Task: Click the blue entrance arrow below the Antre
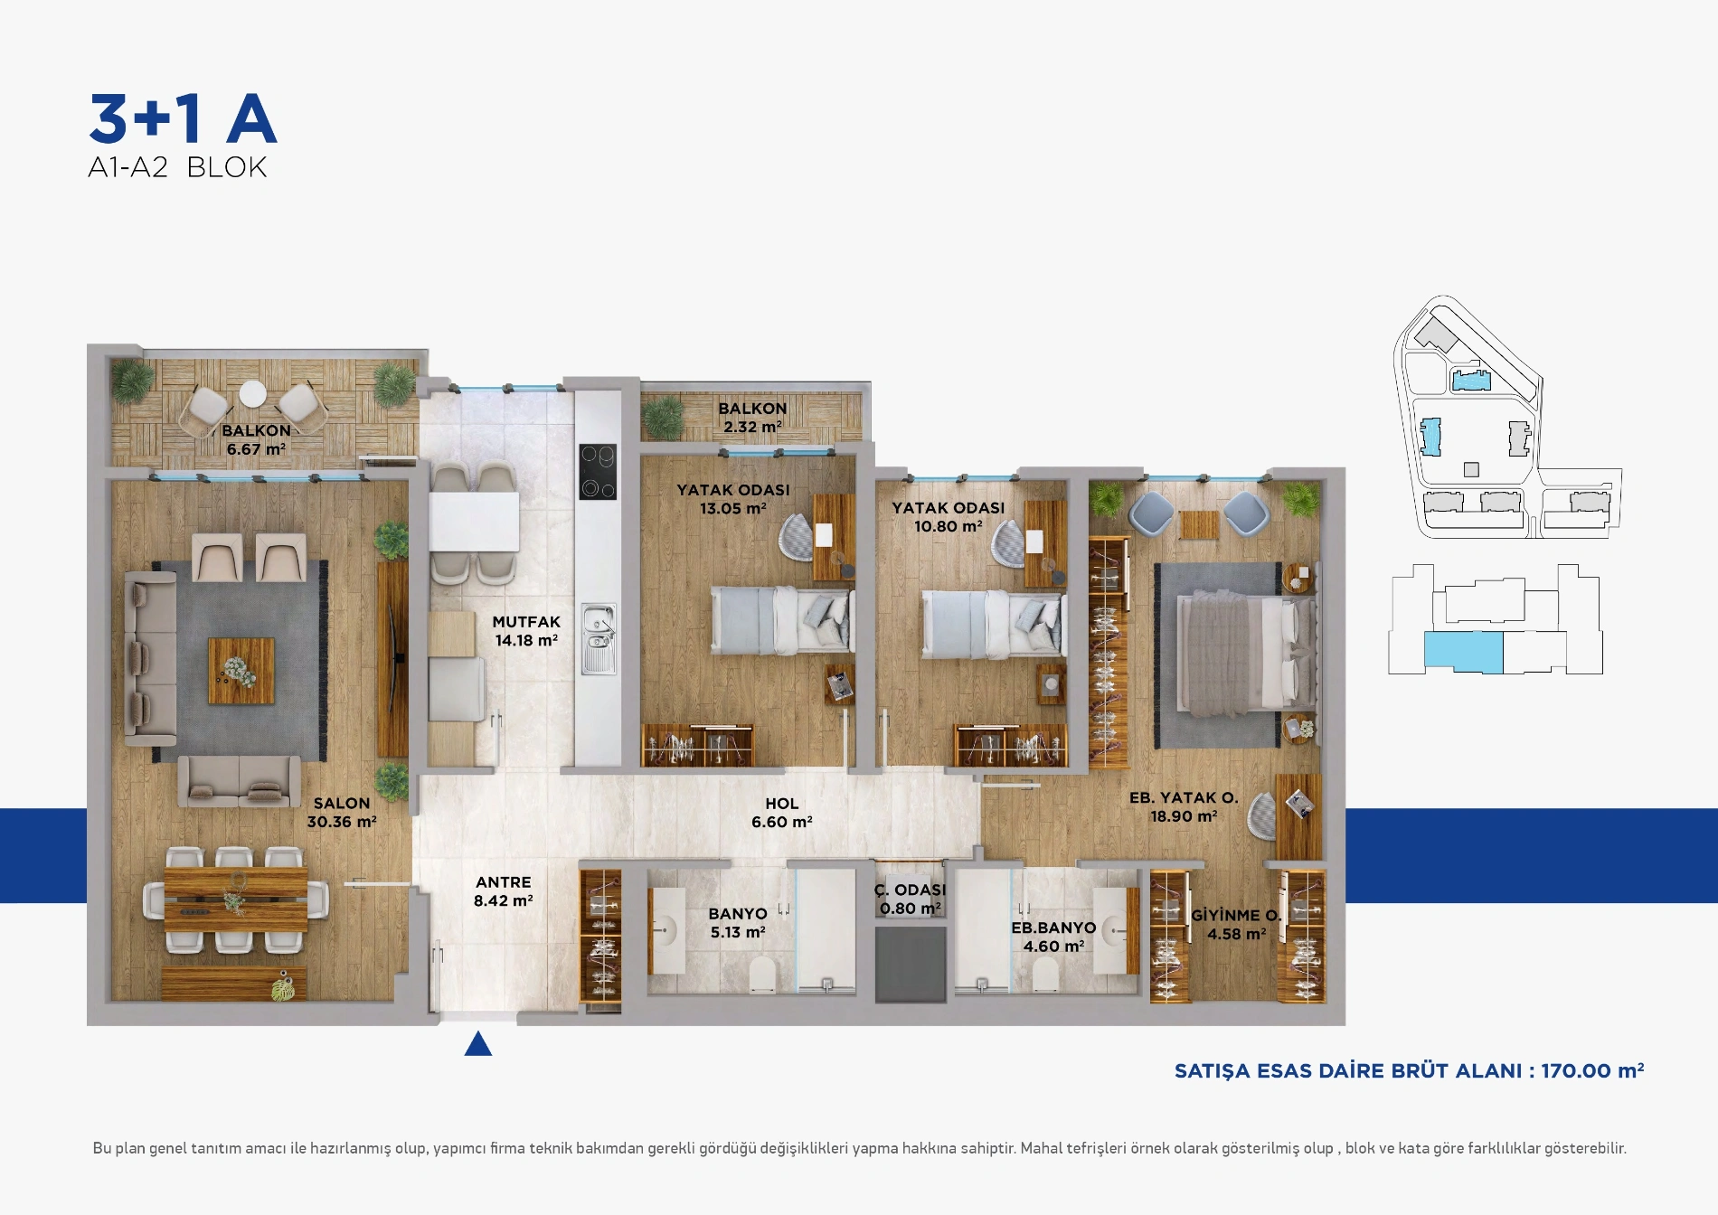pos(478,1045)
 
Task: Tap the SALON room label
pos(342,803)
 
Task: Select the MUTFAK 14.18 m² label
pos(526,631)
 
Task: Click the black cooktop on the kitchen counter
pos(598,471)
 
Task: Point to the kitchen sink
pos(599,639)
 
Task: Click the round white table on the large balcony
pos(253,394)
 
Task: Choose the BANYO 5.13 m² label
pos(738,923)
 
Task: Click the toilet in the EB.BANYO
pos(1045,975)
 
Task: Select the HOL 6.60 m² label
pos(782,813)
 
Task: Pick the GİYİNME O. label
pos(1236,915)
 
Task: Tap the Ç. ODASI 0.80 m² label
pos(910,899)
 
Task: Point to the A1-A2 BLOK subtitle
pos(177,167)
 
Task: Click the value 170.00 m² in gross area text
pos(1592,1070)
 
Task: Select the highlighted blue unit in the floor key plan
pos(1464,652)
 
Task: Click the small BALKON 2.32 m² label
pos(752,418)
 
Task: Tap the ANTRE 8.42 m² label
pos(504,891)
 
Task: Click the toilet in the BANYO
pos(763,975)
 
